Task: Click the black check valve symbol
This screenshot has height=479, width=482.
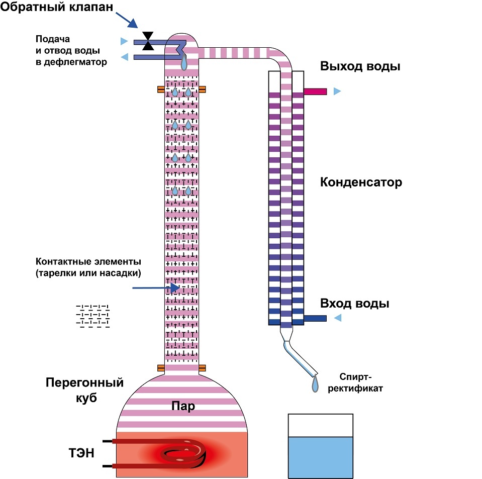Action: point(148,41)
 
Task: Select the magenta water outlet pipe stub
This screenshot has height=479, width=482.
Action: point(315,91)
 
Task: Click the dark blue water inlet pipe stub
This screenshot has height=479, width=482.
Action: point(315,318)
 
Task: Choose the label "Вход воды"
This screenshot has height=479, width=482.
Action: point(355,304)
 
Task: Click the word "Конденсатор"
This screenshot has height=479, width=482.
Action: point(361,182)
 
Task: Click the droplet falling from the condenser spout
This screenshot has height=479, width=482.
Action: point(315,385)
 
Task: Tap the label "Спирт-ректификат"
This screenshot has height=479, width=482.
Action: point(357,381)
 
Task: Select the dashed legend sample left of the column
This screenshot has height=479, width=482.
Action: point(92,316)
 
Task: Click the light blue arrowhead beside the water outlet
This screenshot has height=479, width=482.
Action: point(337,91)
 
